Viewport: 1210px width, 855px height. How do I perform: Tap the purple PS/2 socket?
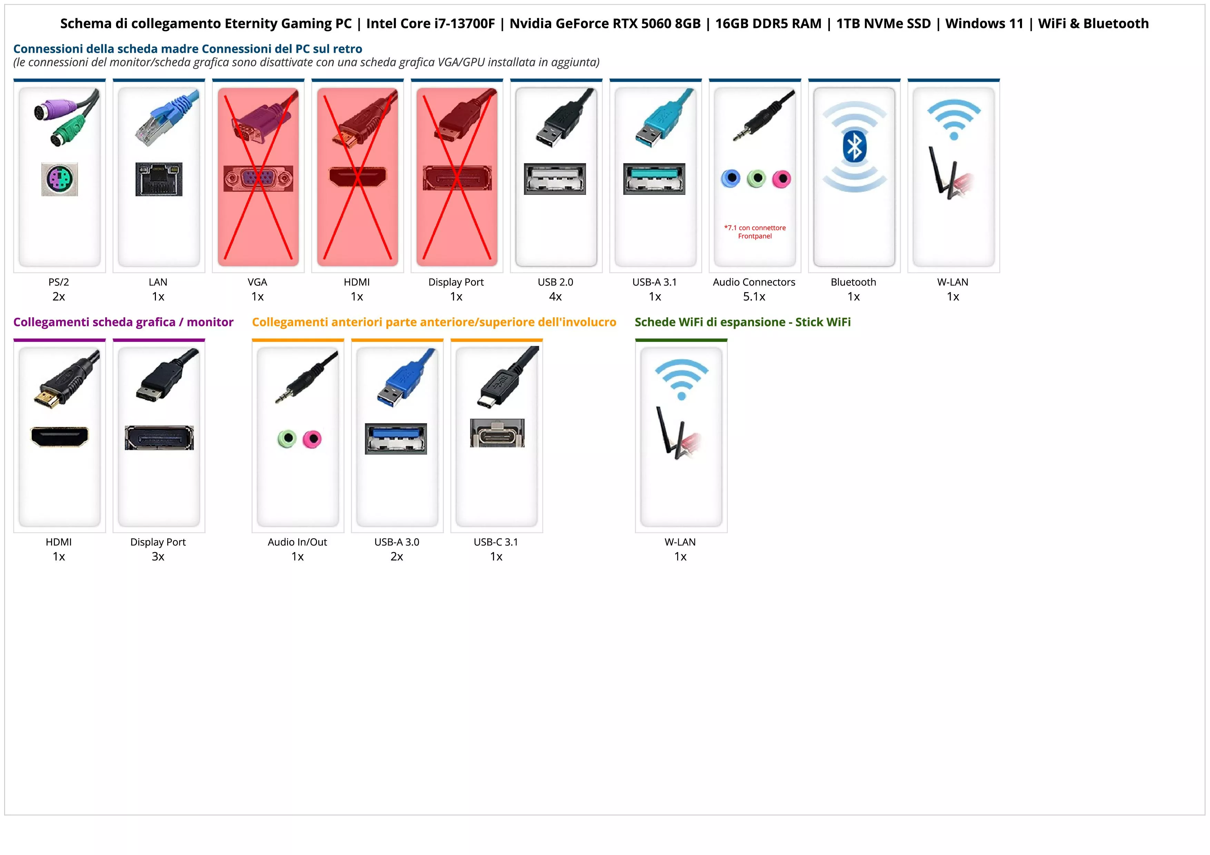[x=60, y=179]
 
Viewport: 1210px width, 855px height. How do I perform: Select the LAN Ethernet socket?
[x=159, y=179]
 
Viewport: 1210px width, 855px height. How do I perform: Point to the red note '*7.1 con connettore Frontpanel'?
[x=755, y=232]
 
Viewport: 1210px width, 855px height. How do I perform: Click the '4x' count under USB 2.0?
[x=555, y=297]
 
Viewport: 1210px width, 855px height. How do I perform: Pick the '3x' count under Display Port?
[x=158, y=556]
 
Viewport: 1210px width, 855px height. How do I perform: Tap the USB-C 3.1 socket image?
[x=497, y=433]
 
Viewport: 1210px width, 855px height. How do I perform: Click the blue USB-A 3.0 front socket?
[x=396, y=438]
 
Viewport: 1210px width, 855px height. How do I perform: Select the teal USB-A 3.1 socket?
[x=655, y=179]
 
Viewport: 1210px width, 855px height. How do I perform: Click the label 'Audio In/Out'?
[x=297, y=542]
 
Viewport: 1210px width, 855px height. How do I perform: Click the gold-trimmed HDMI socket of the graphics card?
[x=60, y=437]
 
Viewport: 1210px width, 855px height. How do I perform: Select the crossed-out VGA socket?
[x=258, y=179]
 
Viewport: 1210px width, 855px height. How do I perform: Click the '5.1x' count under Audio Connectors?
[x=754, y=297]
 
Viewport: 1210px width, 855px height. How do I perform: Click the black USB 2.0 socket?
[x=555, y=179]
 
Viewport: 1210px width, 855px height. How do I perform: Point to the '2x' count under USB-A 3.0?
[x=397, y=556]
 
